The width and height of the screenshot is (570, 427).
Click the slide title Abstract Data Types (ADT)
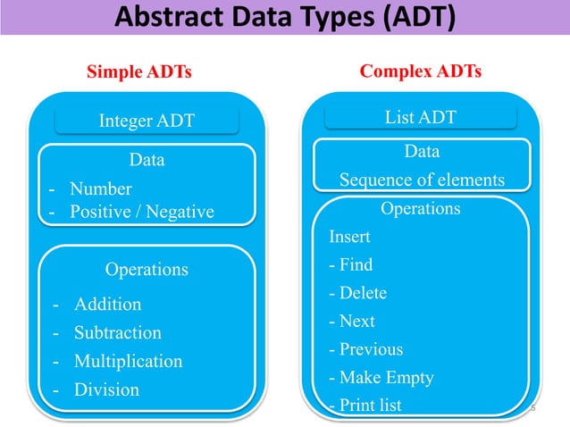284,17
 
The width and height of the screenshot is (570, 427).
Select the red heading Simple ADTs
138,71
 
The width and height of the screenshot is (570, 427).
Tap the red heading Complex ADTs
420,71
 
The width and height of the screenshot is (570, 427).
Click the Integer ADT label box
146,121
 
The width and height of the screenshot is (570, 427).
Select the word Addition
107,304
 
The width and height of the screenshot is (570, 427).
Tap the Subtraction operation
117,332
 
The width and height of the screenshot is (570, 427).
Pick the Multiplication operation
128,361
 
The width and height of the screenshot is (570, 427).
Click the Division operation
106,389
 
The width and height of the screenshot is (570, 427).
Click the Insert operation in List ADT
349,238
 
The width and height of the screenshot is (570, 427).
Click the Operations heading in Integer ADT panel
147,269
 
